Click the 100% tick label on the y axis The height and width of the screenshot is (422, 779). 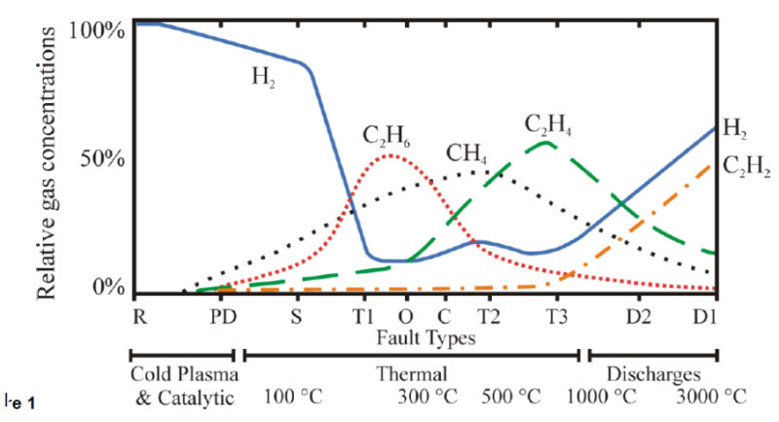(x=97, y=29)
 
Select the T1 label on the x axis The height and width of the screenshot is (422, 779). (x=363, y=317)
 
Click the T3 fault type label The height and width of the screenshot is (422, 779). (x=555, y=317)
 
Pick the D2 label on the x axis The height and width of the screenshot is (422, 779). (x=639, y=317)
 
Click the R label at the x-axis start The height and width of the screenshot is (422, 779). (x=138, y=317)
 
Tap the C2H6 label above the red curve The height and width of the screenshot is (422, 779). (x=386, y=135)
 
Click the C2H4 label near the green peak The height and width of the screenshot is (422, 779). (x=547, y=124)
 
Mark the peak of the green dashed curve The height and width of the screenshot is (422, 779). (x=546, y=143)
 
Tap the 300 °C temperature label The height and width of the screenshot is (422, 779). (x=427, y=397)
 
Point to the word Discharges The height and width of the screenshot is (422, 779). (x=652, y=373)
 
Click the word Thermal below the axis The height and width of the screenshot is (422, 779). (x=412, y=373)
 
